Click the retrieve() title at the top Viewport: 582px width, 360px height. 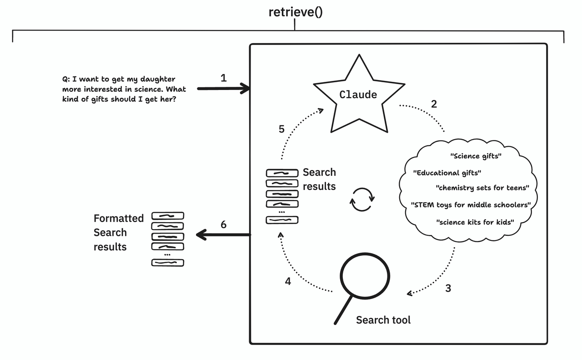click(295, 12)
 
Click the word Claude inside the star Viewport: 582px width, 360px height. click(358, 95)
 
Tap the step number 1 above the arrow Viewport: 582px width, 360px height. click(223, 78)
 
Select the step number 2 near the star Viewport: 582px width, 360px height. click(434, 104)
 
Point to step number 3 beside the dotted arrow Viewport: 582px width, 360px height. click(448, 288)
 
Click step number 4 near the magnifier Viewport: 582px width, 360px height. click(288, 281)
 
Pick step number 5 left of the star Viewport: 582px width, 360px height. click(281, 129)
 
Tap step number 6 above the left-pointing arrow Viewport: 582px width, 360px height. click(223, 225)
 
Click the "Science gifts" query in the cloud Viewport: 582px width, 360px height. click(476, 156)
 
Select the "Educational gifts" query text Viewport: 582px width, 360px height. click(447, 173)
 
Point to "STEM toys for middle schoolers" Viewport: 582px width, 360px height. click(471, 205)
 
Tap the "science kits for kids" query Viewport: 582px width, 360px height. click(475, 222)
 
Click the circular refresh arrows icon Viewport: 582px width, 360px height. click(362, 200)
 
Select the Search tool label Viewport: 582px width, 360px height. click(383, 320)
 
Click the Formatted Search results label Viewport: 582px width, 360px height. click(118, 232)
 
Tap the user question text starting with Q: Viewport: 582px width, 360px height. click(124, 89)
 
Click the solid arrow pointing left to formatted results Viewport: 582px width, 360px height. click(223, 235)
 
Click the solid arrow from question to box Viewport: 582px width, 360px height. click(223, 89)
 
